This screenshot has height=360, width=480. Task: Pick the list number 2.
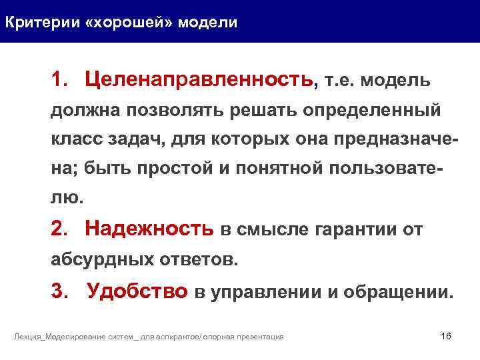click(x=59, y=230)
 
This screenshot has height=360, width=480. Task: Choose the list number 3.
click(x=59, y=291)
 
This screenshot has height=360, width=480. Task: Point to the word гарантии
click(x=350, y=231)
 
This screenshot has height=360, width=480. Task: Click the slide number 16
click(x=446, y=335)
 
